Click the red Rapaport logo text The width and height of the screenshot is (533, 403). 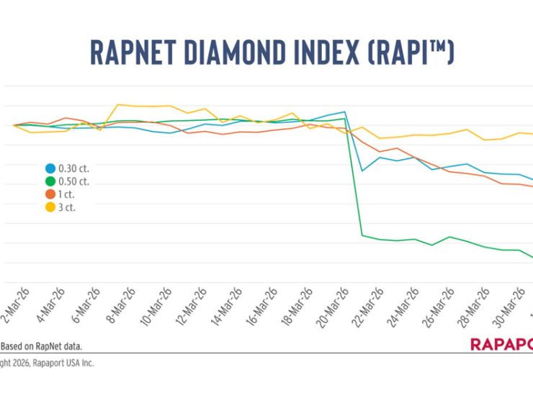pos(501,344)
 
